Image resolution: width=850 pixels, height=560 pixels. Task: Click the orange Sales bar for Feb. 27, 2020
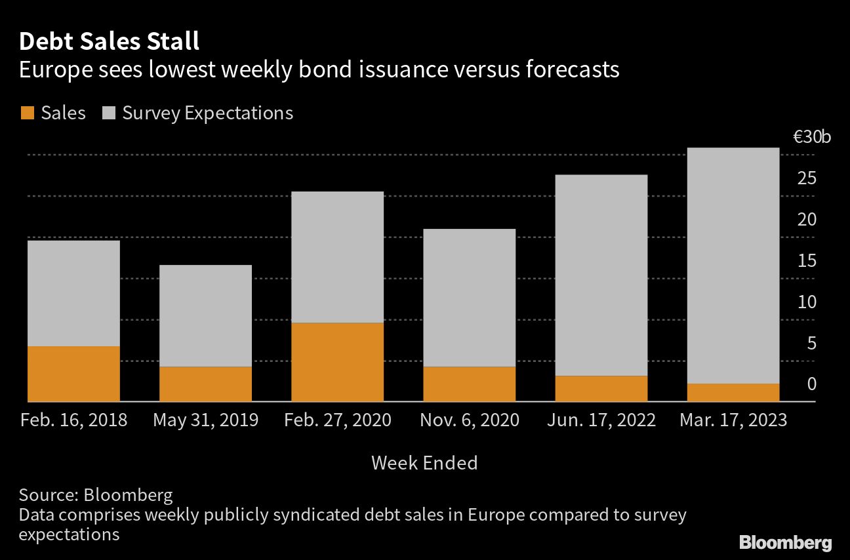(337, 361)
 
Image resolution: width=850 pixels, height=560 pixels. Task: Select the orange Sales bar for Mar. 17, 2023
(733, 392)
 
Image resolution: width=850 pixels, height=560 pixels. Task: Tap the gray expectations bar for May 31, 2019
(205, 315)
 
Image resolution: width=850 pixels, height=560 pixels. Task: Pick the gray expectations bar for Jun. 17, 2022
(601, 275)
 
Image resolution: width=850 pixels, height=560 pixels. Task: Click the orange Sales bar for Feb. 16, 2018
(73, 373)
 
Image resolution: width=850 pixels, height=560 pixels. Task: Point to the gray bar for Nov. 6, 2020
(469, 297)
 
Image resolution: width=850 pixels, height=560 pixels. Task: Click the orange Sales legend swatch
(27, 113)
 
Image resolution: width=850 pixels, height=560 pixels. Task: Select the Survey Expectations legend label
(207, 113)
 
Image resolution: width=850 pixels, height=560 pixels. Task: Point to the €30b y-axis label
(811, 138)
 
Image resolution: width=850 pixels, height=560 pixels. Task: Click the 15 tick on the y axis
(807, 261)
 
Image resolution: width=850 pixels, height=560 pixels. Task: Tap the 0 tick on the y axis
(811, 384)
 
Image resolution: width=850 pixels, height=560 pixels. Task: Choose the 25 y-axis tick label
(807, 178)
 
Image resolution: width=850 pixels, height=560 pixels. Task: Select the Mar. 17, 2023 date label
(733, 420)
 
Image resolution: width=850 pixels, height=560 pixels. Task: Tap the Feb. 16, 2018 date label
(73, 420)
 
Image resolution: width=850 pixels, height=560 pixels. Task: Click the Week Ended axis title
(424, 463)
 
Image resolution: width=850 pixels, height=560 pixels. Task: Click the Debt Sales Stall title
(109, 42)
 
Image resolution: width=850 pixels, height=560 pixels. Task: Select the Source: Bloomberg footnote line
(96, 494)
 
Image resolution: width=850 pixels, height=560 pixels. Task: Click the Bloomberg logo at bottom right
(785, 542)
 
